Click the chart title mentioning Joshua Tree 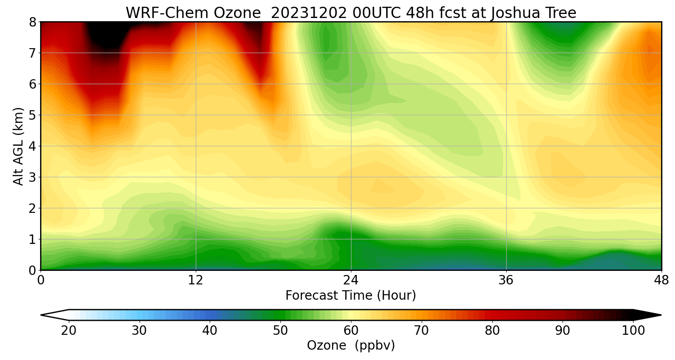click(351, 13)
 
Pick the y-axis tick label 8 click(33, 22)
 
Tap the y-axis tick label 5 click(33, 115)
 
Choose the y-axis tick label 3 click(33, 177)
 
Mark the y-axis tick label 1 click(33, 239)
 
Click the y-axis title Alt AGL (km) click(18, 146)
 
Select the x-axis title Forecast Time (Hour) click(351, 296)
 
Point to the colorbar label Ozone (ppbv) click(351, 346)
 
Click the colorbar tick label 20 click(69, 331)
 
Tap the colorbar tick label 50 click(280, 331)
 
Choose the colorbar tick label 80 click(492, 331)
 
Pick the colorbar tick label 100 click(633, 331)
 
